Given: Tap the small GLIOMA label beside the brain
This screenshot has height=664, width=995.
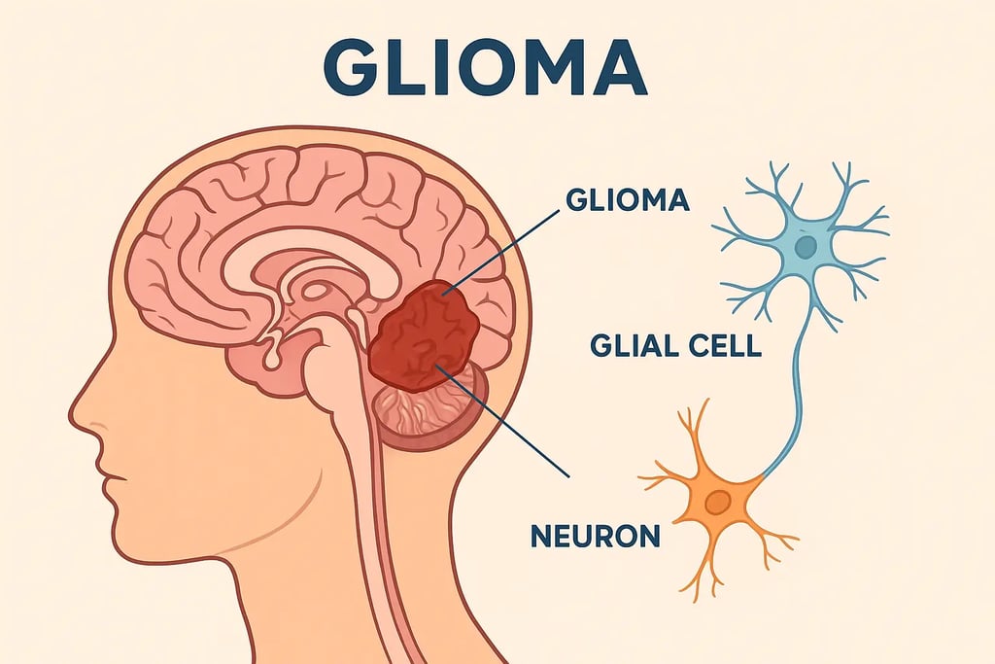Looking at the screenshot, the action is pyautogui.click(x=627, y=201).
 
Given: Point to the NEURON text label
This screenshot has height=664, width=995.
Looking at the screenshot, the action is pyautogui.click(x=596, y=534).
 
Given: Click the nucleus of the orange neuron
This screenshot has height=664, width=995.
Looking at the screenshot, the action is pyautogui.click(x=718, y=503).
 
